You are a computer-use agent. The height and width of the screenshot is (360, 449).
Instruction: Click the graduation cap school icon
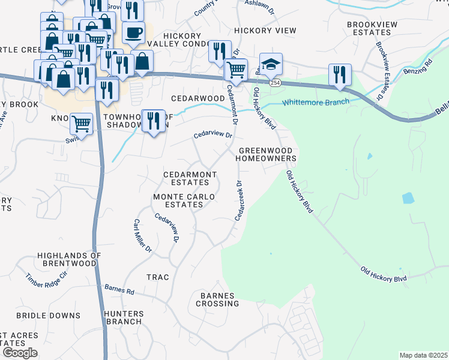(271, 64)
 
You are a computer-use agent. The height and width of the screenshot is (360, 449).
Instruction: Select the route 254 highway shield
(275, 83)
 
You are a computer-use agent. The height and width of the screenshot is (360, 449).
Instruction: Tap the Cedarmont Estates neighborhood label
(189, 178)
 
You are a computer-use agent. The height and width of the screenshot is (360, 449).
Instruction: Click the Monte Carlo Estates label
(178, 200)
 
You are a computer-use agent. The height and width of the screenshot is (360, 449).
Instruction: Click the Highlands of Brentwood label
(67, 259)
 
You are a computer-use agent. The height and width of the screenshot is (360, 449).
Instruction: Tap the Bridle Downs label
(48, 316)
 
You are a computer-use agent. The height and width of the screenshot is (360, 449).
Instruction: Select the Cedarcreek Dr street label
(240, 200)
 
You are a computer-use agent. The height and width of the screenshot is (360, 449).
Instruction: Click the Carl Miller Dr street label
(142, 235)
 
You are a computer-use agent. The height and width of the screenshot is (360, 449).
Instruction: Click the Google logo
(20, 353)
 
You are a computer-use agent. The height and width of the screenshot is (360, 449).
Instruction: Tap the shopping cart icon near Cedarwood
(235, 70)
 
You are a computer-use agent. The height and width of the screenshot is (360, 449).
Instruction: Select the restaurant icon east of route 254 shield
(340, 74)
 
